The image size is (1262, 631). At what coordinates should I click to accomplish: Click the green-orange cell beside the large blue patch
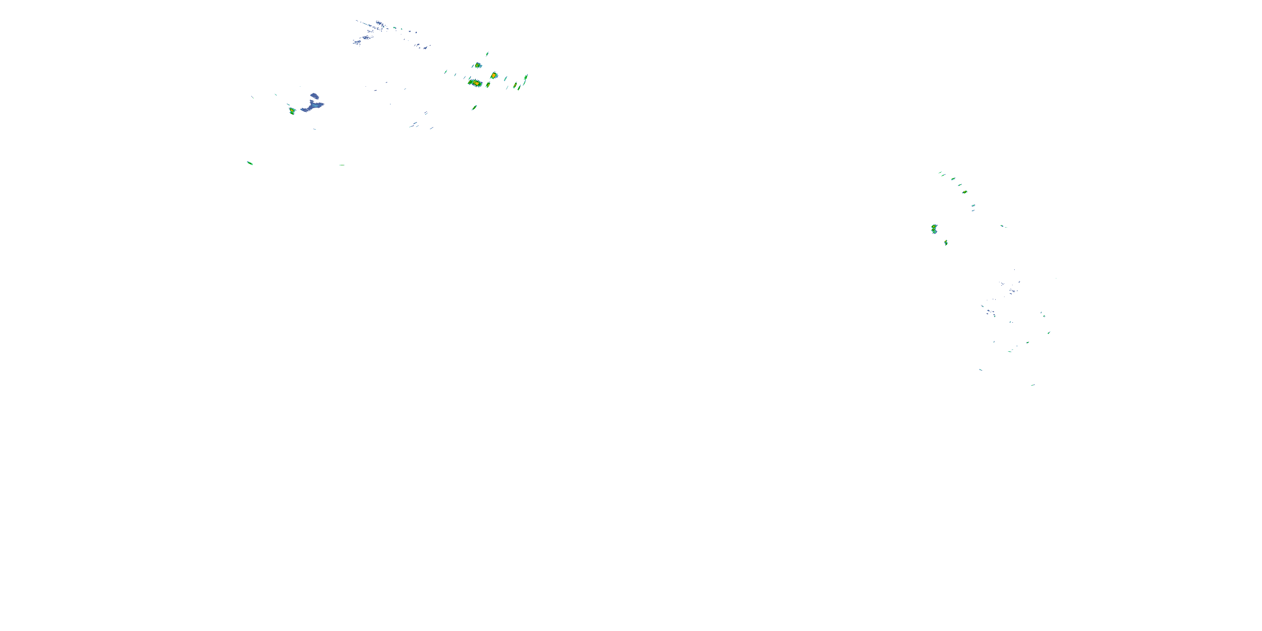click(x=292, y=111)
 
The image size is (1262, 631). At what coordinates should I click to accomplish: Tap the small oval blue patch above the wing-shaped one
click(x=314, y=96)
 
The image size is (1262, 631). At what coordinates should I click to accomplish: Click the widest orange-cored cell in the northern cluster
click(x=475, y=83)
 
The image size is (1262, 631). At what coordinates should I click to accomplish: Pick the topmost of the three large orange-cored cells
click(x=477, y=65)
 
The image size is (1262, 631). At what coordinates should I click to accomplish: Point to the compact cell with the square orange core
click(x=494, y=75)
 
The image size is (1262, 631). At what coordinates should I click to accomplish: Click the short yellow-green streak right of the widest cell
click(x=488, y=85)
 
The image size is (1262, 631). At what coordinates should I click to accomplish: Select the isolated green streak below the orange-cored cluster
click(x=474, y=107)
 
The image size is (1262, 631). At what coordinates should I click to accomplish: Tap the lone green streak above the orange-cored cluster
click(x=487, y=54)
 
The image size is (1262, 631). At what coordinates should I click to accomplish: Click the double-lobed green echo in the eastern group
click(x=934, y=229)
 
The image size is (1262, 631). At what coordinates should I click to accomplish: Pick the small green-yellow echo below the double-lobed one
click(x=946, y=242)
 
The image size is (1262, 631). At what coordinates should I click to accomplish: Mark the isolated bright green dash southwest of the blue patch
click(x=250, y=163)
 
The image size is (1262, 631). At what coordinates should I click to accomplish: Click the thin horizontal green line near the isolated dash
click(x=342, y=165)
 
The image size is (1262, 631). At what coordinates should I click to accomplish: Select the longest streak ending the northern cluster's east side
click(x=526, y=78)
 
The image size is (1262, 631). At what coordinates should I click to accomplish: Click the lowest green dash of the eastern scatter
click(x=1032, y=385)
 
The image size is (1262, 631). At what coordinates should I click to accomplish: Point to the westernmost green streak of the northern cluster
click(x=446, y=72)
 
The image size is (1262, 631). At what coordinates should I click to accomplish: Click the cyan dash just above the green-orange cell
click(x=289, y=104)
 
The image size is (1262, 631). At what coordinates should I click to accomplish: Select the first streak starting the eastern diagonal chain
click(x=940, y=172)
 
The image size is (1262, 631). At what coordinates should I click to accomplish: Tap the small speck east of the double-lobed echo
click(x=1002, y=226)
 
